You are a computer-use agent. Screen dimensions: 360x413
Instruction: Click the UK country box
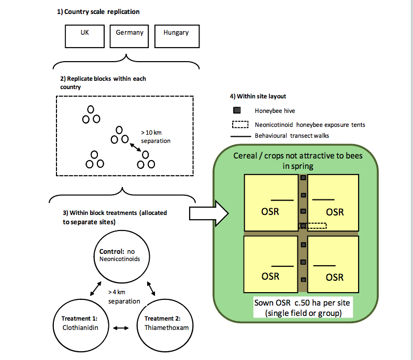pos(85,36)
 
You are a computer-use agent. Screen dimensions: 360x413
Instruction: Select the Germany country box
pos(129,36)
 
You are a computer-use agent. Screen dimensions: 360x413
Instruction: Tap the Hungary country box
pos(176,36)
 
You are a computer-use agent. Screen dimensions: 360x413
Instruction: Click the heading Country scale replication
pos(98,12)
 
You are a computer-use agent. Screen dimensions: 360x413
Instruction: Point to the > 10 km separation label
pos(155,137)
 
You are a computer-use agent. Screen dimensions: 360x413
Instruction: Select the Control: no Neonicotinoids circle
pos(119,258)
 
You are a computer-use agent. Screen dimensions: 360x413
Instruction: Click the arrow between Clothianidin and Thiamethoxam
pos(120,327)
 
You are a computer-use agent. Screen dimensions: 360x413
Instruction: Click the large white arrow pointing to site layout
pos(207,212)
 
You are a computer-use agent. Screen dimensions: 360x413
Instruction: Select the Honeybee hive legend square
pos(236,110)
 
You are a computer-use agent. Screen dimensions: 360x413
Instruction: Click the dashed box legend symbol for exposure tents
pos(241,124)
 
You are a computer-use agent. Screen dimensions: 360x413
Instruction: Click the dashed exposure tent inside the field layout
pos(314,225)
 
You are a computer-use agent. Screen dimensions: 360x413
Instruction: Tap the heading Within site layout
pos(258,96)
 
